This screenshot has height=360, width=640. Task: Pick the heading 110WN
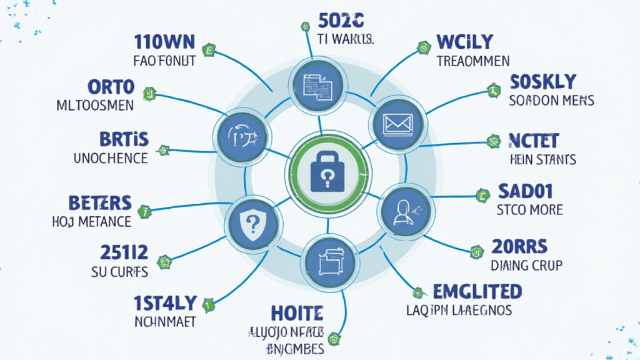[x=164, y=42]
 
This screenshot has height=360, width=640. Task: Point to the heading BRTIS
[x=124, y=139]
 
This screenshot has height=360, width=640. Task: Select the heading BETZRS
[x=99, y=202]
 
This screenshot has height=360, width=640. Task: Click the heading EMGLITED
[x=477, y=291]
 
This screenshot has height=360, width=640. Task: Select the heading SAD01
[x=526, y=190]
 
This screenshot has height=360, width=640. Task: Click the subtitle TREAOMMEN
[x=472, y=61]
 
